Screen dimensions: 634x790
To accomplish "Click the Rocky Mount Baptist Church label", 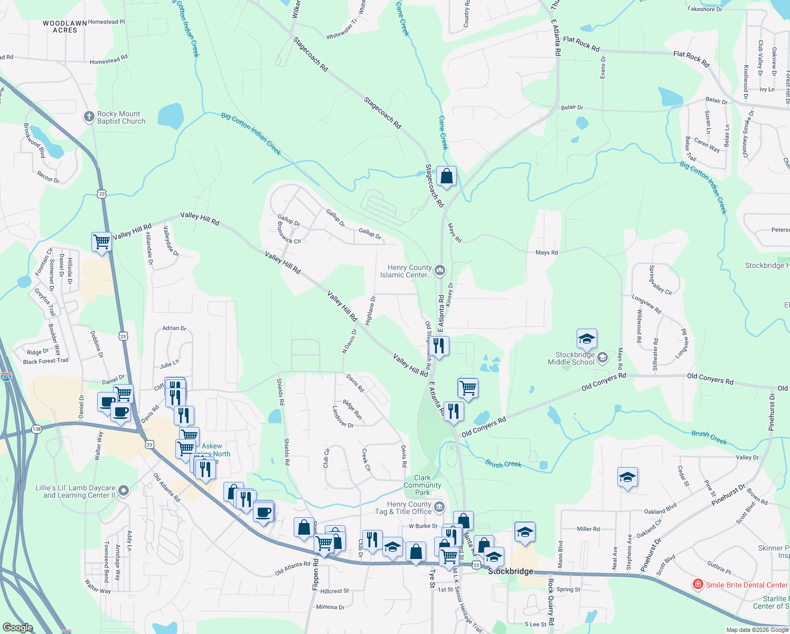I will (121, 117).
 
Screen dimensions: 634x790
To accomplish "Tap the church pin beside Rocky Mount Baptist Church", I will (89, 117).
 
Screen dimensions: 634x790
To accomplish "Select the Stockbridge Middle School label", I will (571, 359).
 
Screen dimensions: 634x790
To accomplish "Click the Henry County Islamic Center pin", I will (440, 271).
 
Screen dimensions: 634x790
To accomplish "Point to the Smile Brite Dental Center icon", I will (698, 584).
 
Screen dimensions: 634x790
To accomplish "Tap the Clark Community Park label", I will (422, 485).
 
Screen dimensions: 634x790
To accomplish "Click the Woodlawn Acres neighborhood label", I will (65, 27).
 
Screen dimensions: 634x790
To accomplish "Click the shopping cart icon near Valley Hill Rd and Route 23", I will (101, 242).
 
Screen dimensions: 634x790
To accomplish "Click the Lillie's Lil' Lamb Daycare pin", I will (124, 491).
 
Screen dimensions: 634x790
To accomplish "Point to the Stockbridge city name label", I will (510, 572).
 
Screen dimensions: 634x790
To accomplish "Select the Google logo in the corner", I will (17, 628).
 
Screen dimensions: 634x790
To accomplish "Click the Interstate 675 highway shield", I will (6, 377).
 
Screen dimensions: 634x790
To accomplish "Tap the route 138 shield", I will (36, 429).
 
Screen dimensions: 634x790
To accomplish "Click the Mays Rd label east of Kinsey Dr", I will (547, 253).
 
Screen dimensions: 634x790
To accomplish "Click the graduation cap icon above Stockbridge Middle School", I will (587, 339).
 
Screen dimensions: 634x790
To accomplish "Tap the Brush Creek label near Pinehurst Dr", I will (709, 437).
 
